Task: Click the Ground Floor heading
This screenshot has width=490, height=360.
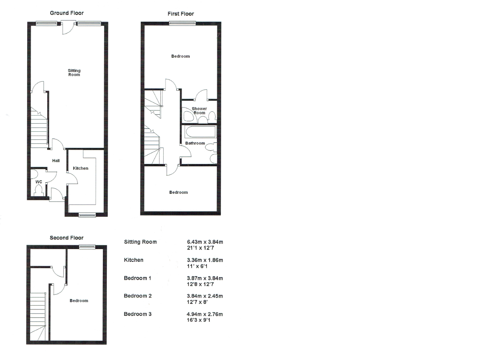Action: [x=67, y=13]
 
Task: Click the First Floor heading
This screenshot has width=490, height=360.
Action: [x=180, y=14]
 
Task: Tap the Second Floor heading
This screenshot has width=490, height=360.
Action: [x=66, y=238]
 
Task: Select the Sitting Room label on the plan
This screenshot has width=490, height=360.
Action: [x=74, y=73]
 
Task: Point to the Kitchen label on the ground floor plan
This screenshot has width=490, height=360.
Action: [x=81, y=168]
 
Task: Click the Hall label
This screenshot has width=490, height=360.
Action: [x=56, y=161]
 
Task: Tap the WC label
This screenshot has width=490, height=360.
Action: [x=39, y=182]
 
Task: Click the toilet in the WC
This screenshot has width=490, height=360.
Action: [x=39, y=192]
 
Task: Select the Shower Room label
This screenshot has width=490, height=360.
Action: [x=199, y=111]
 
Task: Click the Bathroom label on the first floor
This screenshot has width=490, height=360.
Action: [x=195, y=143]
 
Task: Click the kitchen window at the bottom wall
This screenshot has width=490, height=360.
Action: [x=87, y=215]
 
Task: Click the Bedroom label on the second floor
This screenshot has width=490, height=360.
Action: [x=79, y=300]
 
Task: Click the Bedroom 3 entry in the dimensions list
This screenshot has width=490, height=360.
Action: [x=138, y=314]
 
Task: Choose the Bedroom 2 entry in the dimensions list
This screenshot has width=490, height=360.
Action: [x=138, y=296]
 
